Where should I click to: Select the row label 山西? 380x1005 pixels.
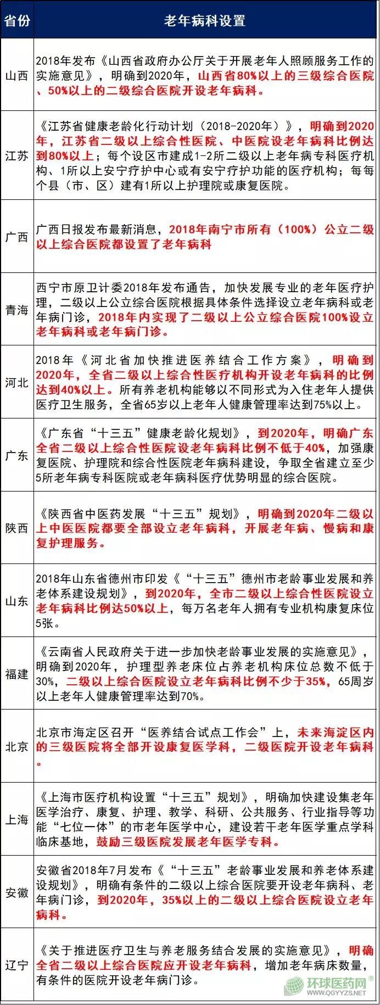pyautogui.click(x=17, y=75)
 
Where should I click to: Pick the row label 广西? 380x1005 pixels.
pyautogui.click(x=17, y=237)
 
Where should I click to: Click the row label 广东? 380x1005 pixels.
pyautogui.click(x=17, y=455)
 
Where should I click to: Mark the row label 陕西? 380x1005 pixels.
pyautogui.click(x=17, y=528)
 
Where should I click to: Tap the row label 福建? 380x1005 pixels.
pyautogui.click(x=17, y=674)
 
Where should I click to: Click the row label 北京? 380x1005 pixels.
pyautogui.click(x=17, y=747)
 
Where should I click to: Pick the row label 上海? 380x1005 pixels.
pyautogui.click(x=17, y=819)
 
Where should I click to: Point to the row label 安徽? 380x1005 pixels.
pyautogui.click(x=17, y=892)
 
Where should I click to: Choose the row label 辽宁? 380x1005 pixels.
pyautogui.click(x=17, y=965)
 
